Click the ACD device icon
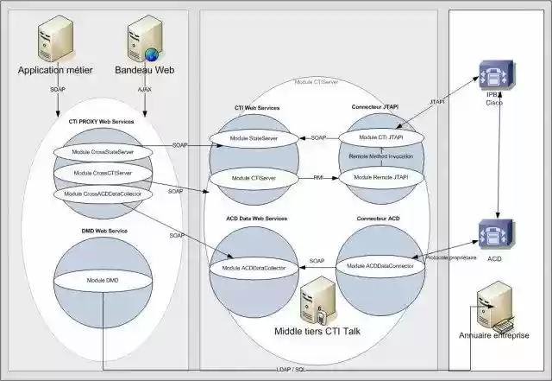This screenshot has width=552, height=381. [498, 233]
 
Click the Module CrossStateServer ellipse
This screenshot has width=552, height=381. [102, 152]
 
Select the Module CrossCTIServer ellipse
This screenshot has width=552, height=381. [102, 173]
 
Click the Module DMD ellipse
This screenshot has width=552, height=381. [102, 282]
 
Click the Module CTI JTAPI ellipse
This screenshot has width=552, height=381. [379, 138]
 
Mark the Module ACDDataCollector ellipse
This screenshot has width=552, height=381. [254, 269]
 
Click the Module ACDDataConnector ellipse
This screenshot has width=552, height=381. [379, 266]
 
